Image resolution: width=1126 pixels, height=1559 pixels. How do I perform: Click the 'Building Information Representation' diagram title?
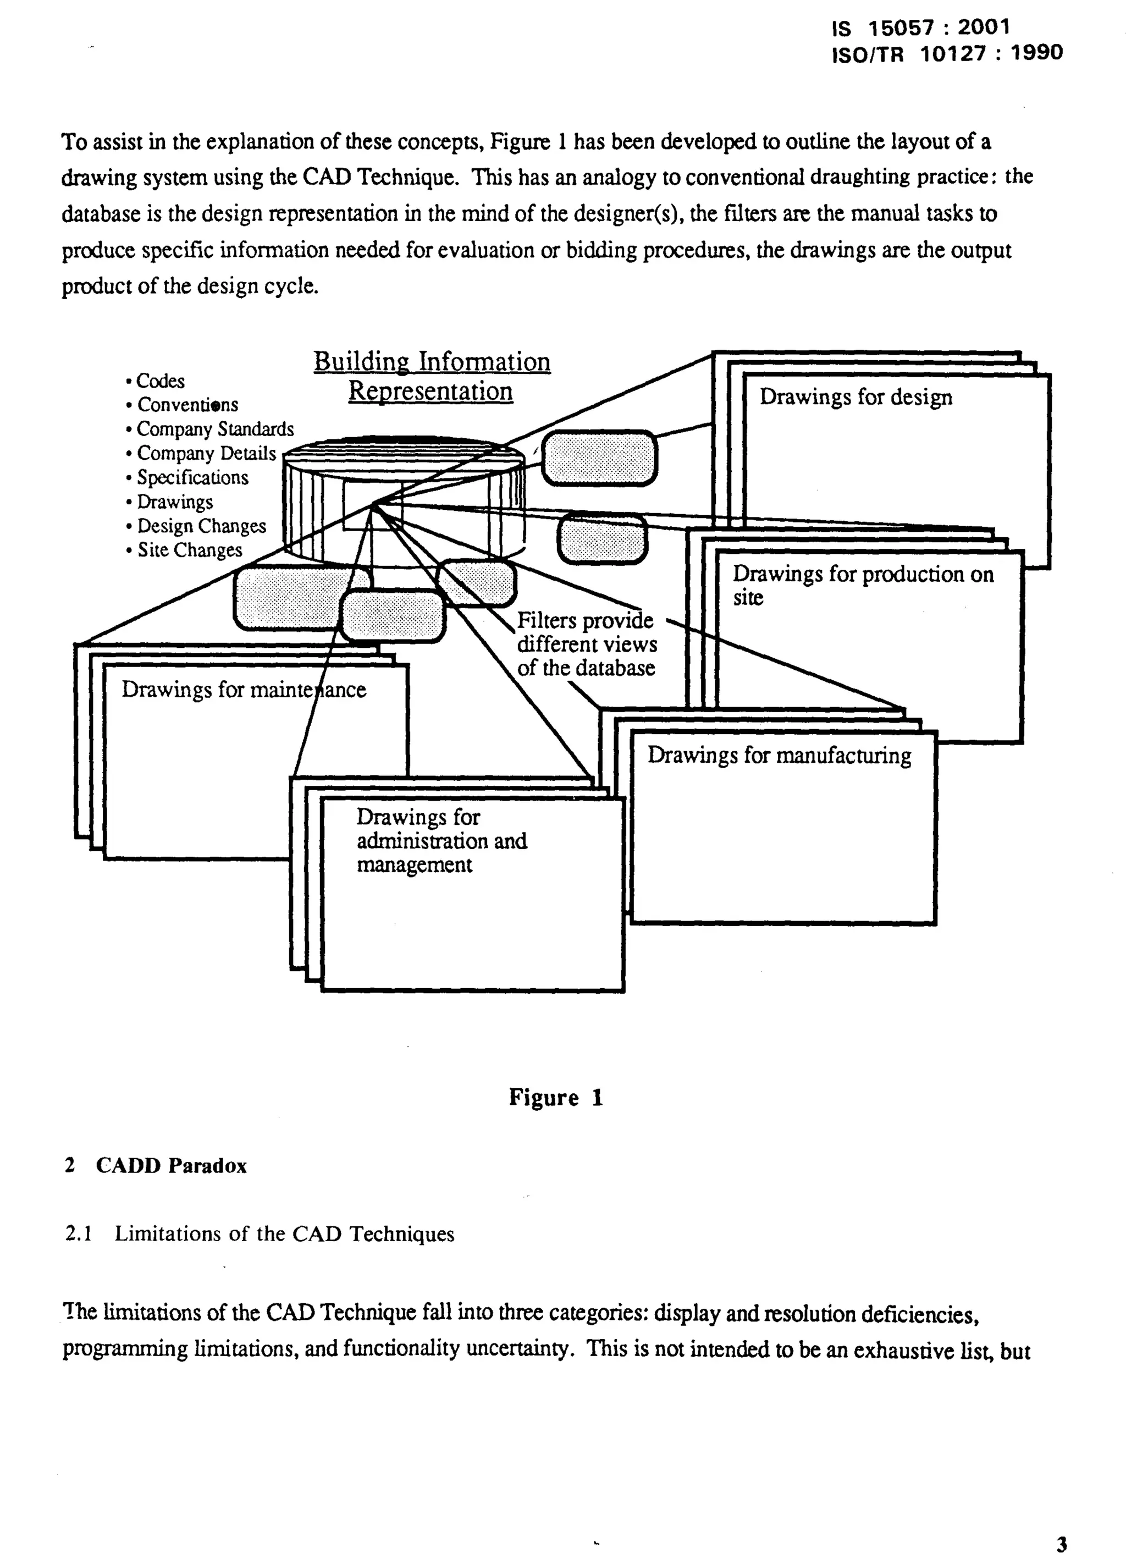coord(432,376)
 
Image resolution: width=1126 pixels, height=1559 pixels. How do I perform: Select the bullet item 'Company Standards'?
coord(214,429)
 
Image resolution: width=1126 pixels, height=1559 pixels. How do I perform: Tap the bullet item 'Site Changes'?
coord(189,550)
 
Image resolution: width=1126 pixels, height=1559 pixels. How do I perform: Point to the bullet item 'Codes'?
coord(160,381)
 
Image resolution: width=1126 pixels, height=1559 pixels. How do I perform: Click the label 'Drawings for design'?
coord(855,397)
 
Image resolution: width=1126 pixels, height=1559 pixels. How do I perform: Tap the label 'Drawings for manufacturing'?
coord(779,756)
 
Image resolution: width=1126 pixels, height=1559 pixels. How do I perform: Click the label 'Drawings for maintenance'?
coord(244,690)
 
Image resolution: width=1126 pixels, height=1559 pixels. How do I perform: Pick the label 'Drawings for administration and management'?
coord(440,841)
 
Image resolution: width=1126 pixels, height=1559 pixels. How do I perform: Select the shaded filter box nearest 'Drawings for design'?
coord(599,458)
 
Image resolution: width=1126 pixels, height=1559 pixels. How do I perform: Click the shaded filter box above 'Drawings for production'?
coord(601,539)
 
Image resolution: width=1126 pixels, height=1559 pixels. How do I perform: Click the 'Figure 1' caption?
coord(555,1098)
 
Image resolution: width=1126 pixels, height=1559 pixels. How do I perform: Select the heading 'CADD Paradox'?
coord(170,1166)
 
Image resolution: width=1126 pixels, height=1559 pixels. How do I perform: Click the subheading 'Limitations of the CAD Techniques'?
coord(284,1234)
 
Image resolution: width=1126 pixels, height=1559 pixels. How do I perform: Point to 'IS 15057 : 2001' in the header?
coord(920,28)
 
